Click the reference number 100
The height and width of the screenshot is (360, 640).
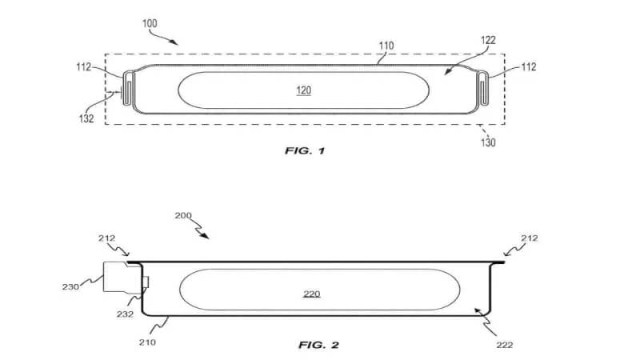pos(150,23)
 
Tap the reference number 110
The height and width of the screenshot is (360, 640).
pos(386,46)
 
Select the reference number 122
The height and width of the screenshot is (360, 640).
pos(488,40)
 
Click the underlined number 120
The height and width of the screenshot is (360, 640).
pos(304,90)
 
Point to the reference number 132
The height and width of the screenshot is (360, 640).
pos(86,118)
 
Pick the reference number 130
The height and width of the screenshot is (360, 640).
pos(488,142)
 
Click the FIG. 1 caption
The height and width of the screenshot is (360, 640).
pos(305,151)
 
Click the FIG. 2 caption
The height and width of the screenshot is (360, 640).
pos(318,346)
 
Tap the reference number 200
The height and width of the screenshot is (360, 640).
pos(183,215)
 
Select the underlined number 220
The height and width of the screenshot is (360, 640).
pos(312,294)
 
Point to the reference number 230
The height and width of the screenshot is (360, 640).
pos(70,287)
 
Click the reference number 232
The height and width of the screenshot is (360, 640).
pos(125,314)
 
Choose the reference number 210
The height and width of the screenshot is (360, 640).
pos(147,342)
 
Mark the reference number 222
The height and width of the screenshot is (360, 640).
pos(505,346)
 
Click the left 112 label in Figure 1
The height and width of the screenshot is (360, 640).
pos(84,67)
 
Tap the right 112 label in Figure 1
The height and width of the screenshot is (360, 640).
pos(529,66)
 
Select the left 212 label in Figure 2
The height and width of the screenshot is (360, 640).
pos(107,238)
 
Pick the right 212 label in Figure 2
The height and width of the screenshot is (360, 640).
pos(530,238)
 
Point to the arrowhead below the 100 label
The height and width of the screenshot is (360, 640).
pos(174,42)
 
